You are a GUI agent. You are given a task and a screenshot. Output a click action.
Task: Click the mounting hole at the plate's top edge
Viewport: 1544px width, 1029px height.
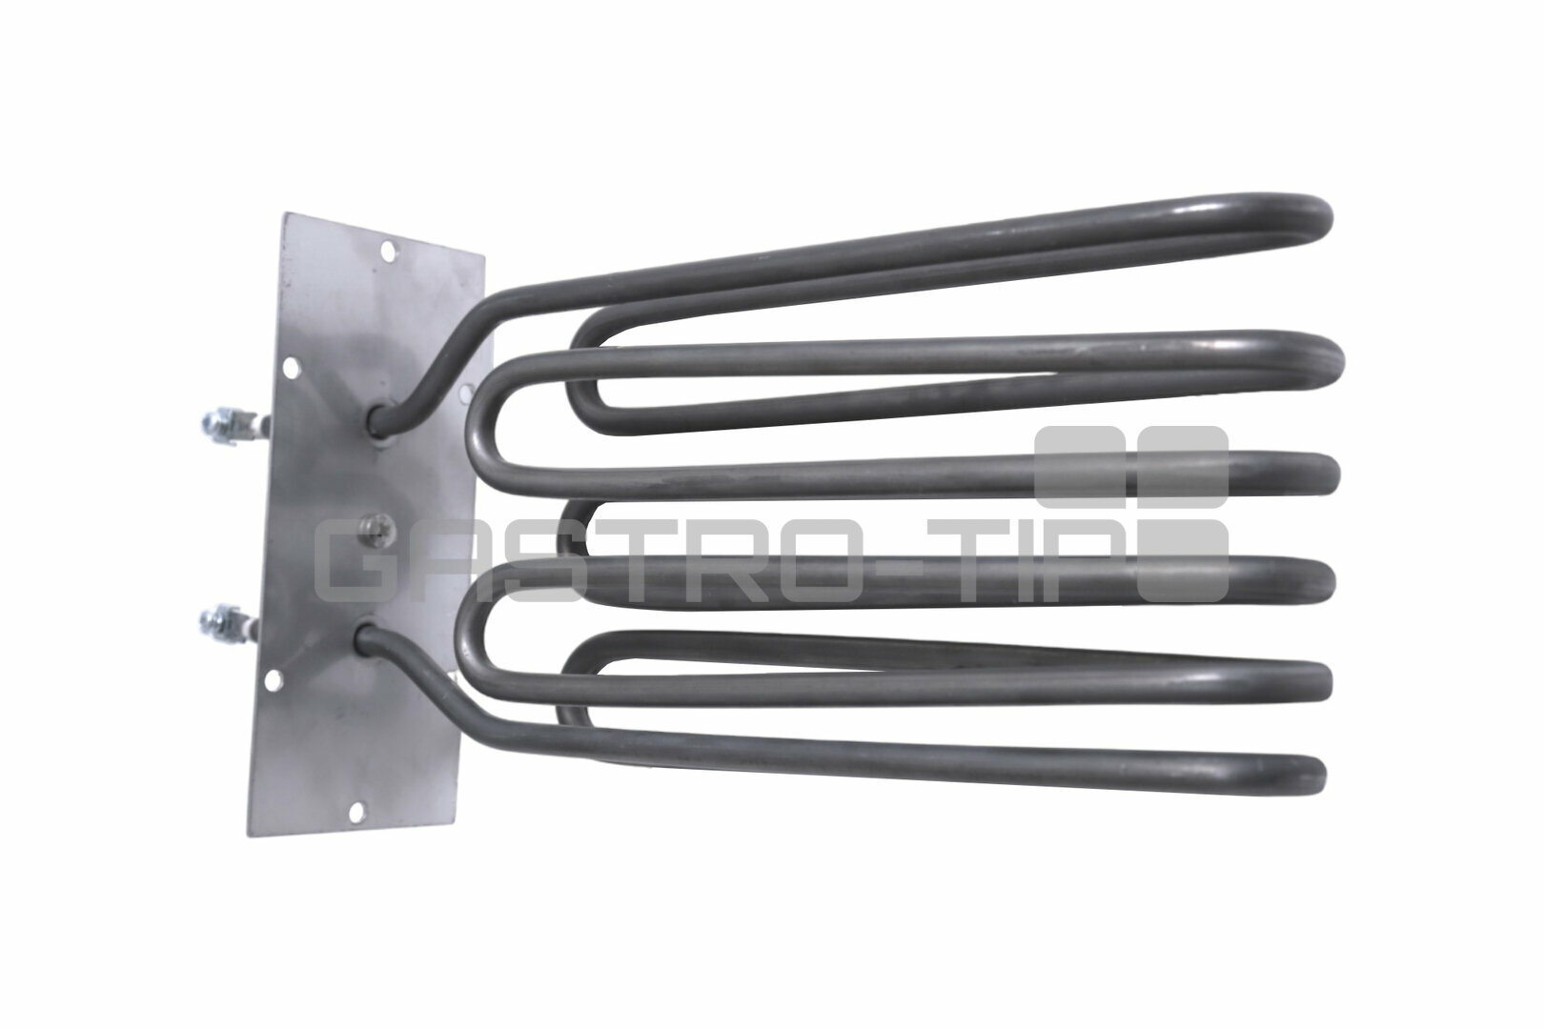click(389, 251)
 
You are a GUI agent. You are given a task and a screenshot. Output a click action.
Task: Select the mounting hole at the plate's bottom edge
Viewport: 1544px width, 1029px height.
click(356, 813)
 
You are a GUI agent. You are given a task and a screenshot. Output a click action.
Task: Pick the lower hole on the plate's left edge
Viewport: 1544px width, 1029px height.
click(274, 680)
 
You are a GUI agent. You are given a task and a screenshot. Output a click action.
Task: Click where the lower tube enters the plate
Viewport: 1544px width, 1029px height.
click(366, 635)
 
